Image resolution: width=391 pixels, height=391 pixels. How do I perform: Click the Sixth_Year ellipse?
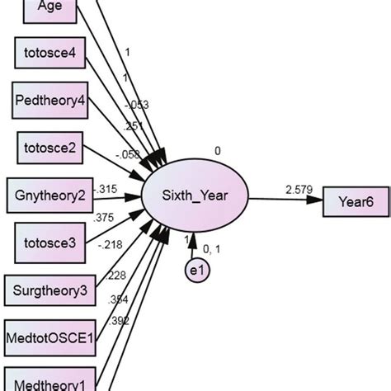[x=194, y=196]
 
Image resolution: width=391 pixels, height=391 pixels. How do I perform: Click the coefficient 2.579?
[x=299, y=190]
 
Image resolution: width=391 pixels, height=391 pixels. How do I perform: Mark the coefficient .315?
[x=108, y=189]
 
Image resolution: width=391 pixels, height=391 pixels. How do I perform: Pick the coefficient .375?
[x=106, y=218]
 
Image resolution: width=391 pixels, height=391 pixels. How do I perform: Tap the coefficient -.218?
[x=110, y=243]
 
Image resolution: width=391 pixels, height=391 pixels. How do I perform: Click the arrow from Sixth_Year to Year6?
[x=284, y=199]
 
